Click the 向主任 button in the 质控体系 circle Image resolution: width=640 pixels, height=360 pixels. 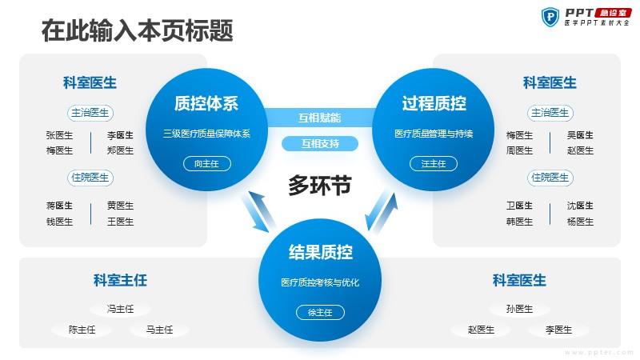tap(207, 164)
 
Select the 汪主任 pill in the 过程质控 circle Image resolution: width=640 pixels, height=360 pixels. tap(434, 164)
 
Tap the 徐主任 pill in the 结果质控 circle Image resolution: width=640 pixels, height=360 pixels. tap(320, 312)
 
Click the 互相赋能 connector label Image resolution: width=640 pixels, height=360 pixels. tap(319, 118)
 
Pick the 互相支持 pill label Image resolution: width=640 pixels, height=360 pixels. tap(320, 144)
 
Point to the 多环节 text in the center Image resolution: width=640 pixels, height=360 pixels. tap(319, 186)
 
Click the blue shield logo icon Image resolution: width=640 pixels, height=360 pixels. tap(550, 17)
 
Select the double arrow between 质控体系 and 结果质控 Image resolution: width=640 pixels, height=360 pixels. tap(258, 211)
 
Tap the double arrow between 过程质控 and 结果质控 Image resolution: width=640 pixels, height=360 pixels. tap(382, 211)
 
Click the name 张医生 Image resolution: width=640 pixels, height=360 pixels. tap(59, 135)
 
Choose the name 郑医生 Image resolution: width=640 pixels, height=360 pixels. tap(120, 150)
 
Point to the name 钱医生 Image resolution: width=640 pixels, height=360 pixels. tap(59, 222)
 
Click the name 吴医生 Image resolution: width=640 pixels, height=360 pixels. tap(580, 135)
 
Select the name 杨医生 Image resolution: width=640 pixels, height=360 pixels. tap(580, 222)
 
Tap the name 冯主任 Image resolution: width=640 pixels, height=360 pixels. tap(120, 309)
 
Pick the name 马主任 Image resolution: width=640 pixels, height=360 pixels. tap(159, 330)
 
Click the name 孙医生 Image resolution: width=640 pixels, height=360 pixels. tap(519, 309)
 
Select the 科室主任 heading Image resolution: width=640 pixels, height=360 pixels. tap(120, 281)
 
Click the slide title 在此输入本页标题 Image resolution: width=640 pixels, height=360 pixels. tap(137, 30)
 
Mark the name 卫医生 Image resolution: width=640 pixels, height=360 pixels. tap(519, 206)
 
